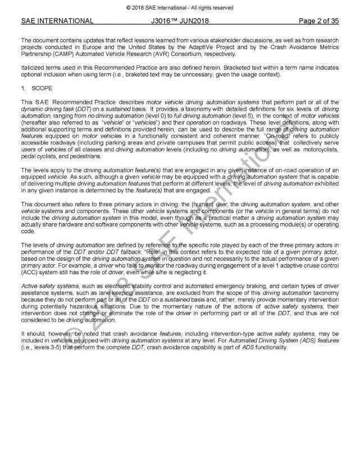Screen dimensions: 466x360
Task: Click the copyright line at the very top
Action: point(180,7)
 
